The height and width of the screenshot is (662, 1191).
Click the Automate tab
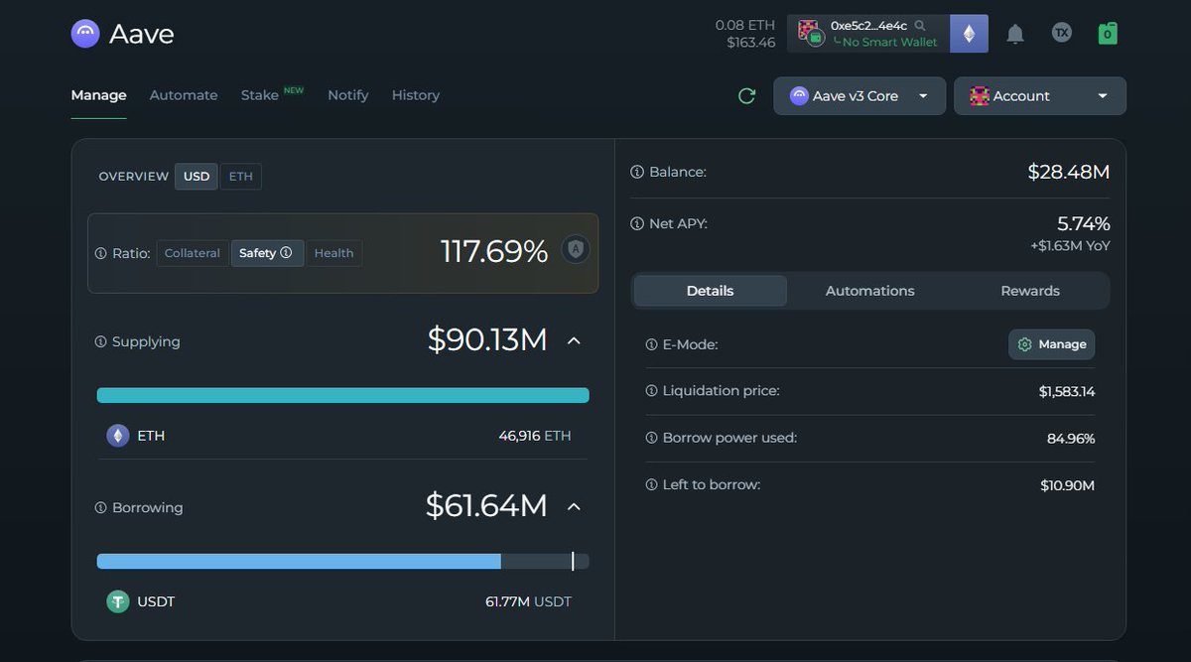click(x=184, y=95)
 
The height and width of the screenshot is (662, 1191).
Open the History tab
click(x=415, y=95)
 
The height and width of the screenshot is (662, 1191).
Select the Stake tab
click(x=260, y=95)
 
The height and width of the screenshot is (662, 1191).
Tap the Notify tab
click(x=347, y=95)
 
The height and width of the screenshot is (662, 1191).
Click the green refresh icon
click(x=746, y=96)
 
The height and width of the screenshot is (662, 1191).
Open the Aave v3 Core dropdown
click(x=859, y=96)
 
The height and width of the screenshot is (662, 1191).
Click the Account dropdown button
click(x=1039, y=96)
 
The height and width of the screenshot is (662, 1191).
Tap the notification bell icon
click(x=1014, y=34)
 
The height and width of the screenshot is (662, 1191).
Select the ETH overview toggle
click(x=240, y=177)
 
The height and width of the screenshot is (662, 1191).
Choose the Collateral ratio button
click(x=193, y=253)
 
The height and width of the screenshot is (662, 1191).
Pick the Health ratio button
click(x=333, y=253)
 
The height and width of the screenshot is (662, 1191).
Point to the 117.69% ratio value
click(x=494, y=252)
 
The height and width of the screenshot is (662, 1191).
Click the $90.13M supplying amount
click(x=487, y=340)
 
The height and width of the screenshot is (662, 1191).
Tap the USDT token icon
click(x=118, y=601)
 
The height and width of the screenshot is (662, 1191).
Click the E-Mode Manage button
click(x=1052, y=344)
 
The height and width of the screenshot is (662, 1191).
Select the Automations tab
click(x=869, y=291)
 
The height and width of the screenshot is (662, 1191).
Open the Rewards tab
click(x=1029, y=291)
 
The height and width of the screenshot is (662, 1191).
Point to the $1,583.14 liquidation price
click(x=1066, y=392)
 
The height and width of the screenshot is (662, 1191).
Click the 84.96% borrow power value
click(x=1070, y=439)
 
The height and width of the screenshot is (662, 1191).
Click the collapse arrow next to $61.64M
click(x=574, y=507)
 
